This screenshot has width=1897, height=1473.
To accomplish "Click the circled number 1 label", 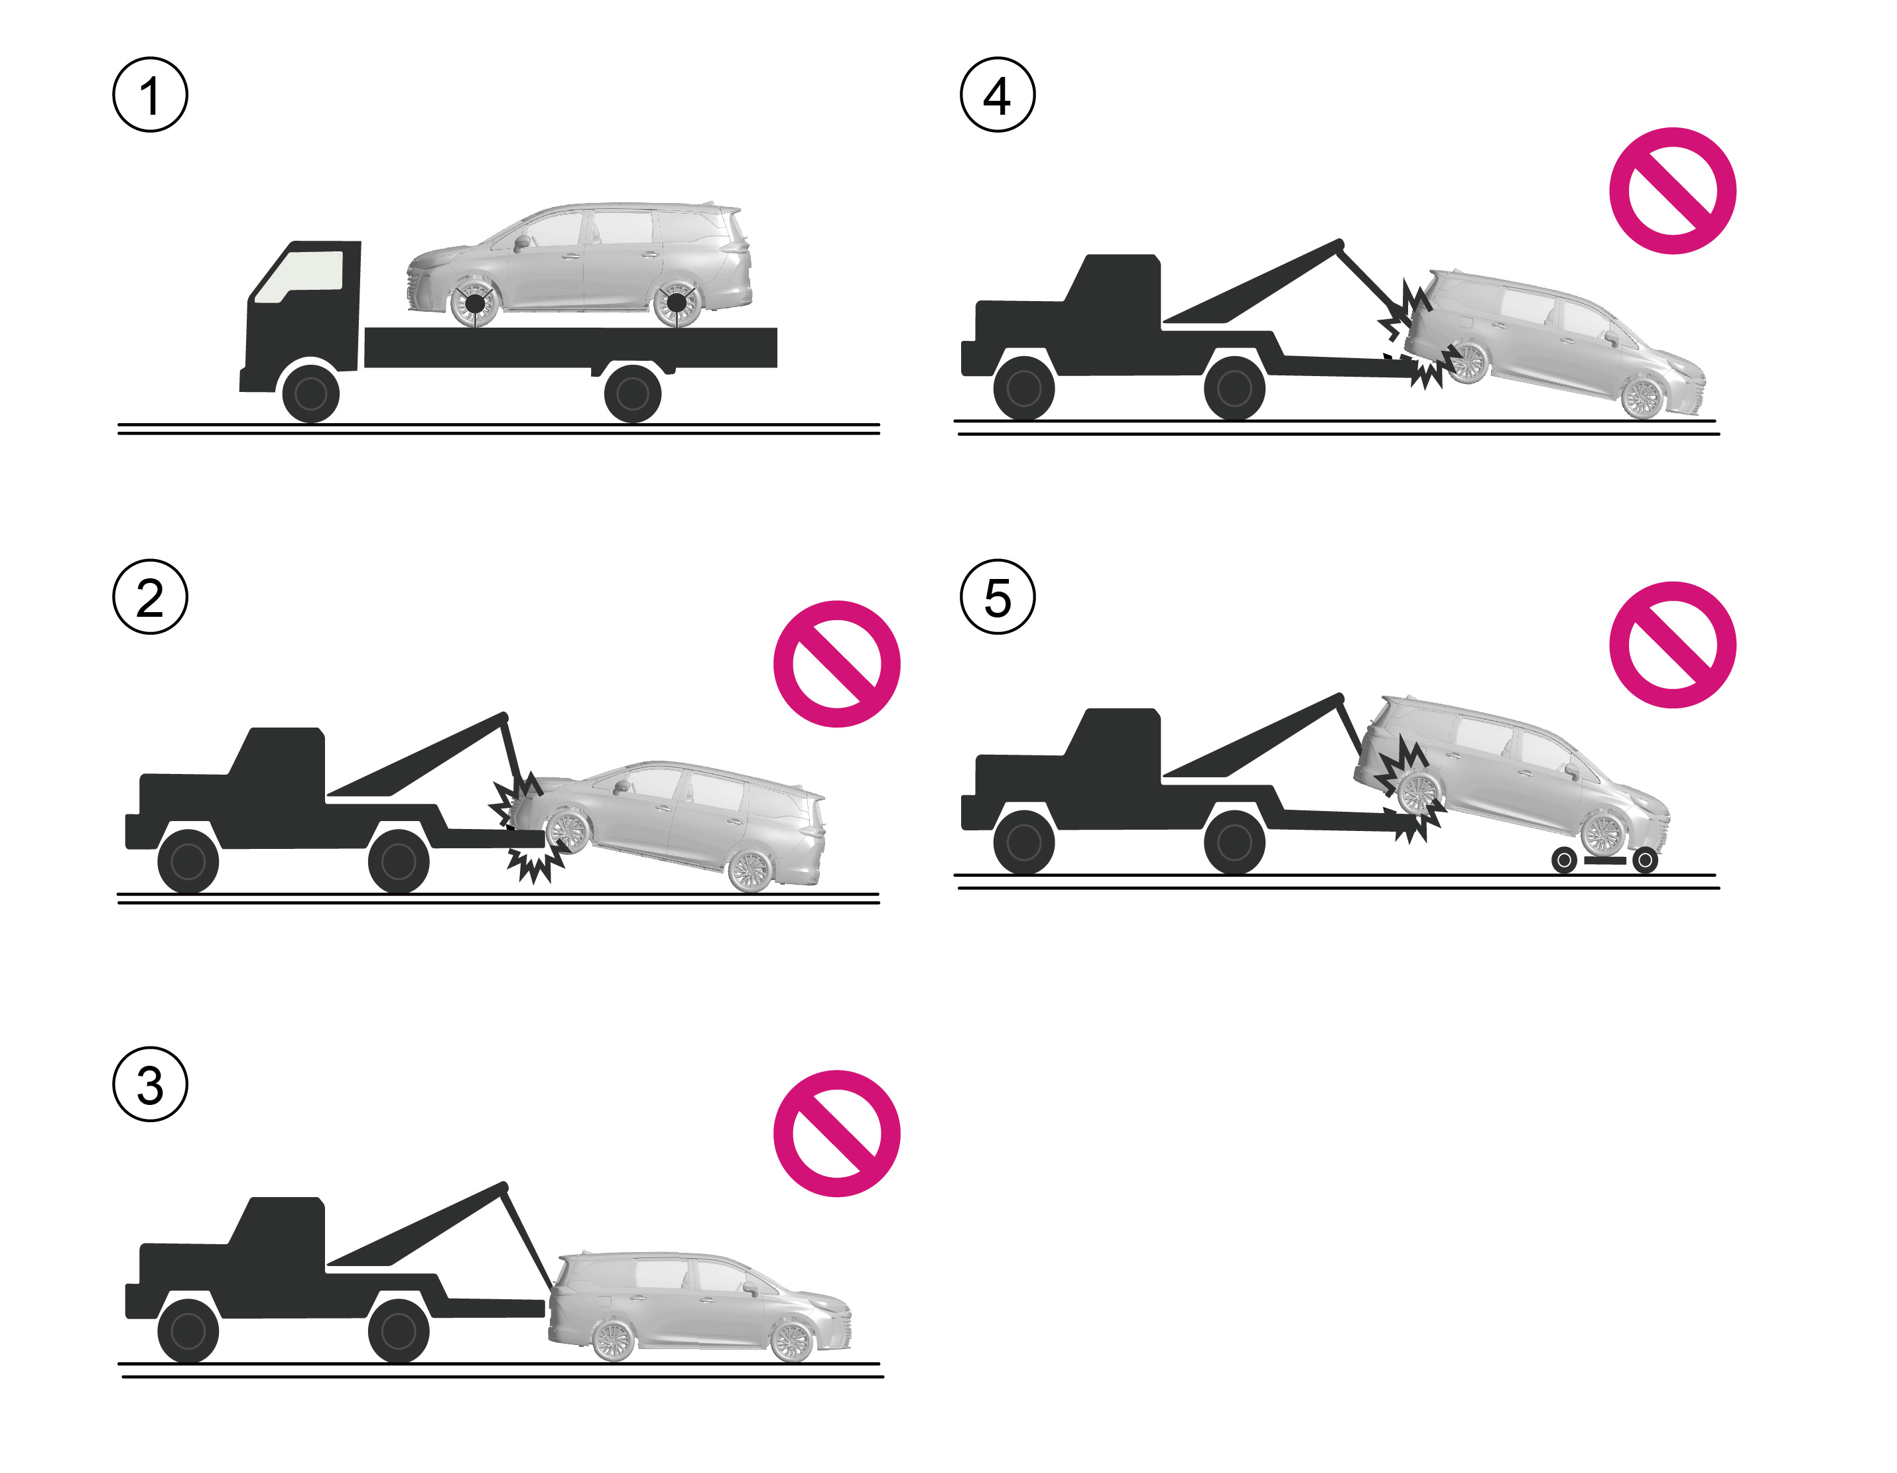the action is click(x=151, y=95).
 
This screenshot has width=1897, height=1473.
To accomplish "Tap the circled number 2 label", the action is click(x=151, y=597).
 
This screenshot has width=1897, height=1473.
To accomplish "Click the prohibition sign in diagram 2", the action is click(x=836, y=663).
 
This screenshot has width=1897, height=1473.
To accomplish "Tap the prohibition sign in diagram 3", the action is click(x=836, y=1133).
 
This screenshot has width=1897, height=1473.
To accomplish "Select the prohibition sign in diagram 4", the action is click(x=1672, y=191).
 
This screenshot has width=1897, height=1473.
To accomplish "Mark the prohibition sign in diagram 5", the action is click(x=1672, y=645).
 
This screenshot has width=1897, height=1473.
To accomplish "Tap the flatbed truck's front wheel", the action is click(x=311, y=393).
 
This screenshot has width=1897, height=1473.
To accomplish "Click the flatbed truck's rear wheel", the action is click(x=632, y=393).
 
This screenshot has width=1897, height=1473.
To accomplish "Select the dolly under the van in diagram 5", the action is click(x=1604, y=860).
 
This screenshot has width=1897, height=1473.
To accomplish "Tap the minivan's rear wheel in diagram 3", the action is click(x=615, y=1338).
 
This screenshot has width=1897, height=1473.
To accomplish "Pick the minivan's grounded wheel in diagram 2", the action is click(x=750, y=869).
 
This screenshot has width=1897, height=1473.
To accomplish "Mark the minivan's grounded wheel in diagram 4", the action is click(x=1641, y=397).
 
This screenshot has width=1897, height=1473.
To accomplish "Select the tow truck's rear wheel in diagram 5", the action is click(x=1234, y=842).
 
